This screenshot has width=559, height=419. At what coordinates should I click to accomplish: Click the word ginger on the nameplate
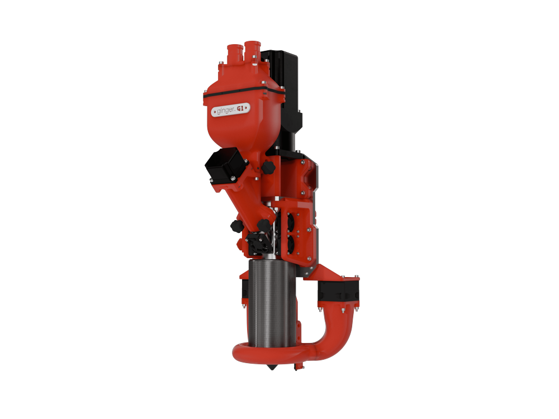[226, 111]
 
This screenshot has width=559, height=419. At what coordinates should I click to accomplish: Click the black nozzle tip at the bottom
[272, 366]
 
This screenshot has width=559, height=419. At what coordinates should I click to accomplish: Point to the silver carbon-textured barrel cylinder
[272, 303]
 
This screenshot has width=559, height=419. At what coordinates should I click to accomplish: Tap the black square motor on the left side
[226, 165]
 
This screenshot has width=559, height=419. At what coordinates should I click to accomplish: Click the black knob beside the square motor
[268, 167]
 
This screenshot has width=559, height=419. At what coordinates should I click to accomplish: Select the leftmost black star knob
[236, 226]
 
